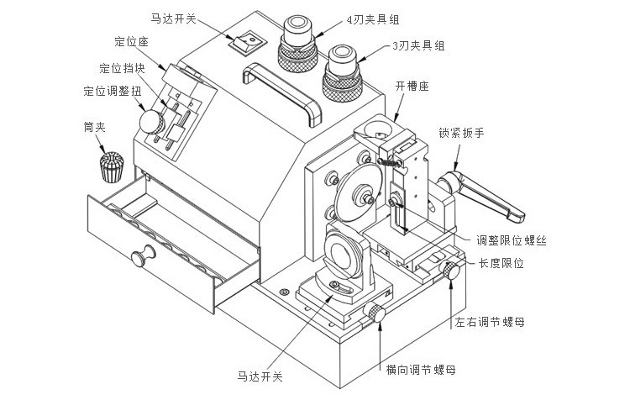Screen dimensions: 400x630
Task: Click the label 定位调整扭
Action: click(108, 92)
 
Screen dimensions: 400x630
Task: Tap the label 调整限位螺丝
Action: click(512, 241)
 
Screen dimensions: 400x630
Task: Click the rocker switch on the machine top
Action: click(248, 39)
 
